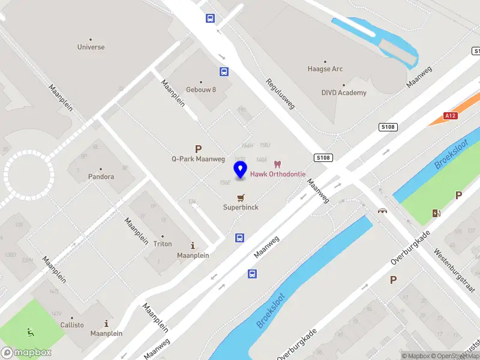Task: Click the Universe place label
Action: click(91, 47)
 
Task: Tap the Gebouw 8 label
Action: click(200, 89)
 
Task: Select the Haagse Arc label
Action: click(325, 69)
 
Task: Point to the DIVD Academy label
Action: click(344, 92)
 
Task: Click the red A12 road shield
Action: click(451, 115)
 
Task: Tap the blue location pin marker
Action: click(241, 170)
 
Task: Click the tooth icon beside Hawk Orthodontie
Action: click(277, 164)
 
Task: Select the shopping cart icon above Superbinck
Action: click(241, 197)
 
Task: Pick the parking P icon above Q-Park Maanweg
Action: click(197, 149)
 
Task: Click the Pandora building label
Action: click(100, 177)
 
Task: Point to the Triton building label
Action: click(162, 244)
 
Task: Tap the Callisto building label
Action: click(72, 325)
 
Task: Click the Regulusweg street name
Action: click(281, 94)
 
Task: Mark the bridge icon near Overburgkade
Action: click(382, 210)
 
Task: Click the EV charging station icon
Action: click(436, 213)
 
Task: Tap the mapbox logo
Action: click(26, 353)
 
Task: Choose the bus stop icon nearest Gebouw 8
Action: click(224, 72)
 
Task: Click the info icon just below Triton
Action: click(193, 245)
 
